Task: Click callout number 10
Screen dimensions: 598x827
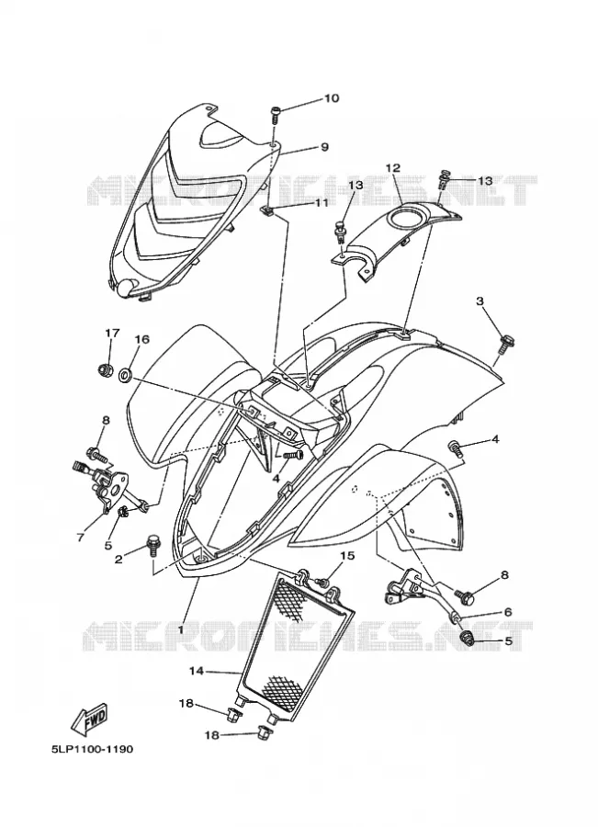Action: click(x=332, y=98)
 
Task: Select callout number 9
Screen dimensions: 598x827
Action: click(x=324, y=147)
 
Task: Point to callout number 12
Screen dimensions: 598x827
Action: click(x=392, y=168)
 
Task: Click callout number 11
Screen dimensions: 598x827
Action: click(x=322, y=202)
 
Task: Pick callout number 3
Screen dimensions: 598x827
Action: click(x=480, y=301)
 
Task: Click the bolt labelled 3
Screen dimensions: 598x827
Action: click(x=506, y=344)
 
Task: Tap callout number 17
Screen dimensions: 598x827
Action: click(x=112, y=334)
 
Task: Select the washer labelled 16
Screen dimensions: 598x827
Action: click(x=126, y=376)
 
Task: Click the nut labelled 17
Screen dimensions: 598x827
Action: click(x=106, y=369)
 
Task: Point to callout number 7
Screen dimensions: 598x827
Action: click(x=80, y=538)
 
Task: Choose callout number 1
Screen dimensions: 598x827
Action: click(x=180, y=629)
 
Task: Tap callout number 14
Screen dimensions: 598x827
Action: click(x=197, y=672)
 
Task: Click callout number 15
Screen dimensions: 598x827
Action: click(x=347, y=555)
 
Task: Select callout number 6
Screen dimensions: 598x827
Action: click(x=508, y=612)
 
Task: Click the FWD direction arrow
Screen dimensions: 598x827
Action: click(x=90, y=719)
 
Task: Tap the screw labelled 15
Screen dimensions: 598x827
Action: click(x=322, y=582)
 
